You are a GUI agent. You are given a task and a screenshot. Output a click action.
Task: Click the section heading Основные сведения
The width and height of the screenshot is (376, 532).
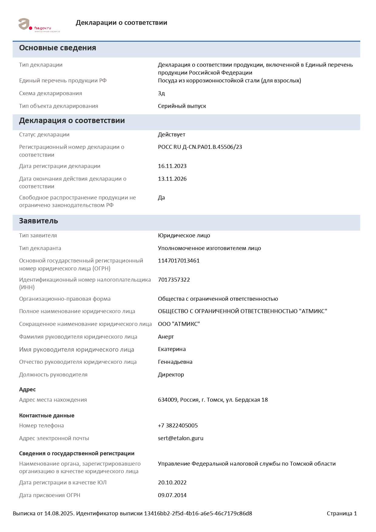coord(58,48)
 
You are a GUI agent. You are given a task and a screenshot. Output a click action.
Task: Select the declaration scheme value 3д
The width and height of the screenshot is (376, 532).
coord(161,93)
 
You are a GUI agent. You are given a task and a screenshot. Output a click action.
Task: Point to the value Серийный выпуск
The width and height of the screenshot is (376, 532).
coord(182,106)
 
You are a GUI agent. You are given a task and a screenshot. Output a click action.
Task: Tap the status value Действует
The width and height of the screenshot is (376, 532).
coord(172,135)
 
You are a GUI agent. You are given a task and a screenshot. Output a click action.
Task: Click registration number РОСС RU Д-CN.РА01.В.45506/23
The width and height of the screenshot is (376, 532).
coord(200,147)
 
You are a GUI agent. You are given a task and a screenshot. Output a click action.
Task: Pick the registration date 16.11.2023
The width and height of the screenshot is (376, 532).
coord(172,166)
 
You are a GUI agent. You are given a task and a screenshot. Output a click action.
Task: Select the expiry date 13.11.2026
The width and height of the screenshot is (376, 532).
coord(172,179)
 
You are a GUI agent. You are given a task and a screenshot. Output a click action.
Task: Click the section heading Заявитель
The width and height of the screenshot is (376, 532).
coord(39,221)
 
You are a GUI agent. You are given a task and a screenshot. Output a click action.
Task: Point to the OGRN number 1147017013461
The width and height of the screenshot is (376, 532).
coord(179,261)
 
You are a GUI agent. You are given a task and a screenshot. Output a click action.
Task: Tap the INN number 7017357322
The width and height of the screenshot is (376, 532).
coord(174,280)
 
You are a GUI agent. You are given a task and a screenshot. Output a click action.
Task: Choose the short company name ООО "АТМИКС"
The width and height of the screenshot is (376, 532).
coord(179,324)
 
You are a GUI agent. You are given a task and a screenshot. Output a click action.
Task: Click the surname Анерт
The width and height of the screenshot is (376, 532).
coord(166,337)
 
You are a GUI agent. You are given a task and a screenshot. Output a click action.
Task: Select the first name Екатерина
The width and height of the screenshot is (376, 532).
coord(172,349)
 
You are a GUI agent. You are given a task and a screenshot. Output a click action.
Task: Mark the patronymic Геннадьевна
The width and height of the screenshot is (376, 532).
coord(175,362)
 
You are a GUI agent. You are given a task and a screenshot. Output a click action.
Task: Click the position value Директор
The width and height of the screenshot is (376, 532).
coord(171,375)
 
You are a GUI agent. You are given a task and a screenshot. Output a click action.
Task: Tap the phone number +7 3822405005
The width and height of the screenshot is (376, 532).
coord(178,426)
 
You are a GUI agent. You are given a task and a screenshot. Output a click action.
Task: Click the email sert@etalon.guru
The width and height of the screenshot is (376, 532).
coord(180,438)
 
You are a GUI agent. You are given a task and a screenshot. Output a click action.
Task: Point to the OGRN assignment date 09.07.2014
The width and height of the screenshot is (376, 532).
coord(172,495)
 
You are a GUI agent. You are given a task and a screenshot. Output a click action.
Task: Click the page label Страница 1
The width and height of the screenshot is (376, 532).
coord(342,514)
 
